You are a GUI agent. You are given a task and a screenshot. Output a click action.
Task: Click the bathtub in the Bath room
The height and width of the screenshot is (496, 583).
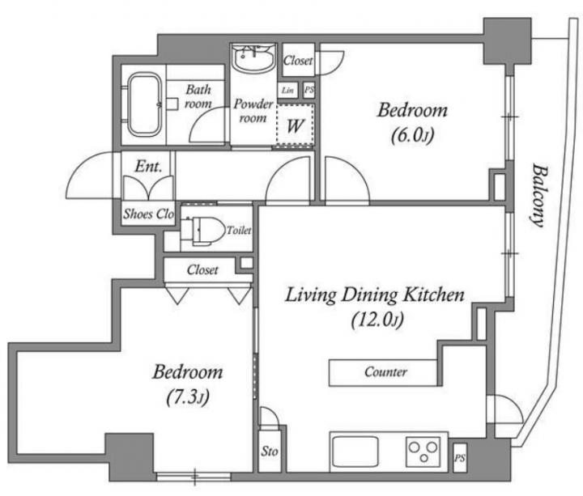[x=145, y=105]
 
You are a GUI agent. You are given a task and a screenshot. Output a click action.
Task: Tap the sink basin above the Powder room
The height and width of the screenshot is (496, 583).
[x=254, y=58]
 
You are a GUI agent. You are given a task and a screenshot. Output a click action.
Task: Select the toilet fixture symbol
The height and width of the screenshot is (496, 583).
[x=203, y=230]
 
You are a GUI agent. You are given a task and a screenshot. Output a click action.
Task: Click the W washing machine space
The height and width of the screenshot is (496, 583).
[x=295, y=125]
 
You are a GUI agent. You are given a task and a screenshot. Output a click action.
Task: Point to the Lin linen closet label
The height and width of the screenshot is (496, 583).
[x=287, y=91]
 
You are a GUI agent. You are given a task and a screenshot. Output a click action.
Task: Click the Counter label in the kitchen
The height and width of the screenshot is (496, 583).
[x=385, y=372]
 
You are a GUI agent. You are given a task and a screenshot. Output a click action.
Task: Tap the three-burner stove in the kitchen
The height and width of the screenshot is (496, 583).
[x=423, y=451]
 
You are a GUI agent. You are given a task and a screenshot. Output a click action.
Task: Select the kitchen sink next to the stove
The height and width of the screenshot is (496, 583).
[x=355, y=451]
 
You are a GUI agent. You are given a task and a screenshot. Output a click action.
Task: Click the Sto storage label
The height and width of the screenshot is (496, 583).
[x=269, y=451]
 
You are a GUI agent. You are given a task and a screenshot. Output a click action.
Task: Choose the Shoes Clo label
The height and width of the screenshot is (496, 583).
[x=149, y=214]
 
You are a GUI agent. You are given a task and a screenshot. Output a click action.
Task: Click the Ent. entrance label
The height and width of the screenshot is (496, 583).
[x=148, y=167]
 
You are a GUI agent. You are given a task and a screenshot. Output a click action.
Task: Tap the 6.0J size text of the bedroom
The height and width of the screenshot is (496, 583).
[x=413, y=136]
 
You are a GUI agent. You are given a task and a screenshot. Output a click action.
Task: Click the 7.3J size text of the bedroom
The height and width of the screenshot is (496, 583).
[x=187, y=397]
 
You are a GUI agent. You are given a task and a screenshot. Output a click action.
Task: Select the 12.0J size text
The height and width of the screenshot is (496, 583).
[x=377, y=320]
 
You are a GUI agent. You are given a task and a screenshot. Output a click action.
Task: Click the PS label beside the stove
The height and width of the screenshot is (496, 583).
[x=460, y=458]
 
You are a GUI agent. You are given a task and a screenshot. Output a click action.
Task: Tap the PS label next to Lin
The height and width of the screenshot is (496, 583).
[x=309, y=90]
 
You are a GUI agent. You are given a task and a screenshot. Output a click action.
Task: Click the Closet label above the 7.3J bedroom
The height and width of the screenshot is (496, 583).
[x=202, y=269]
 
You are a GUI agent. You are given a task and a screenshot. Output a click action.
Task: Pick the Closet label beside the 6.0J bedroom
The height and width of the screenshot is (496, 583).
[x=298, y=60]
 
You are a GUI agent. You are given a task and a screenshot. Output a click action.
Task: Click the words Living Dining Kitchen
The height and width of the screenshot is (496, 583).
[x=375, y=295]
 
